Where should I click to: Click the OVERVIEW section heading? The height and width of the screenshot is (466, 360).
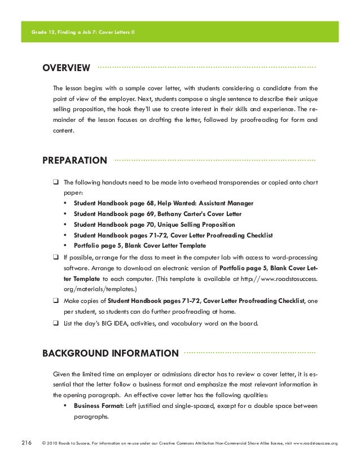[67, 69]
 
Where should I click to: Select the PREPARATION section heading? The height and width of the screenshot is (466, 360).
[74, 160]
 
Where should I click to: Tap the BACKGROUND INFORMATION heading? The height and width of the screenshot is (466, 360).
[111, 354]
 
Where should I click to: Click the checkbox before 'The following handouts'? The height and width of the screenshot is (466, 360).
[56, 183]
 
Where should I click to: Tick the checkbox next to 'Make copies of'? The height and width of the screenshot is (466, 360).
[56, 301]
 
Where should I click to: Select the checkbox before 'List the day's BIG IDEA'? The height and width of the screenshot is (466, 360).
[56, 323]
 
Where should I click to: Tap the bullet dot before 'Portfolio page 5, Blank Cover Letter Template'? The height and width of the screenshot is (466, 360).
[67, 246]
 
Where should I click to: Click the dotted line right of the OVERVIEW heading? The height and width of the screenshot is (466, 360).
[207, 67]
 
